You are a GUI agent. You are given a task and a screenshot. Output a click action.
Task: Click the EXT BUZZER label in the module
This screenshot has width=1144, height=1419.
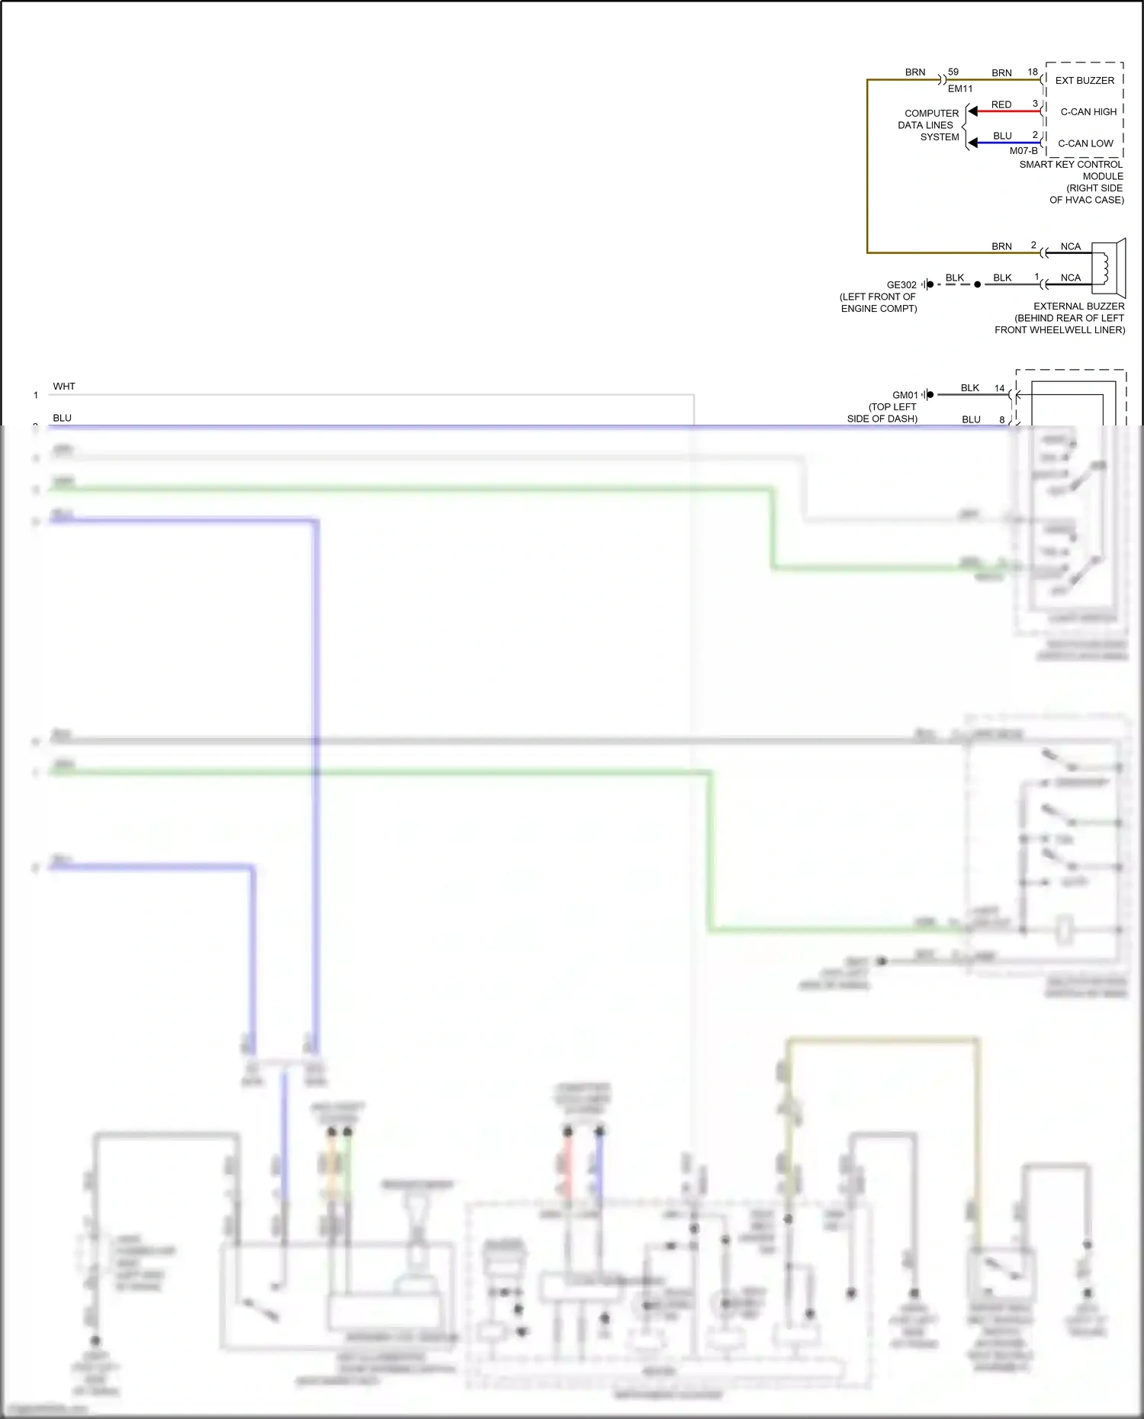[1084, 80]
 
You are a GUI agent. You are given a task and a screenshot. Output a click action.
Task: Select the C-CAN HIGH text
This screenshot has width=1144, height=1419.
[1088, 111]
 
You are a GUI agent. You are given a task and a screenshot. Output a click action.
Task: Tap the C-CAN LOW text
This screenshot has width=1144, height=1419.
[1085, 143]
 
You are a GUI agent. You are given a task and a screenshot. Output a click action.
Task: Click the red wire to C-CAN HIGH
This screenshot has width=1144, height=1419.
[1007, 111]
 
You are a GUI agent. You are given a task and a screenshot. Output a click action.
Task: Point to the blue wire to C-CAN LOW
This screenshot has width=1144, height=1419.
[1007, 143]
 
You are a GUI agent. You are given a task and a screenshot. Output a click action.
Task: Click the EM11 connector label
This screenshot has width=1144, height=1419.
[959, 88]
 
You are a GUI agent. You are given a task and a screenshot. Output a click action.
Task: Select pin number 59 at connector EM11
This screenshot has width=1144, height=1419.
[953, 72]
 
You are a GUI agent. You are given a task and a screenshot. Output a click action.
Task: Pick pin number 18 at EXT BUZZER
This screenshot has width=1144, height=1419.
[1032, 72]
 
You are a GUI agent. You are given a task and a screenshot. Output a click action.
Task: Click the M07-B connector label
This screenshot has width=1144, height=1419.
[1023, 151]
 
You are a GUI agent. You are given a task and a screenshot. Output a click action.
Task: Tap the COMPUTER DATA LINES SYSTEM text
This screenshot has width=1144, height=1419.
[930, 125]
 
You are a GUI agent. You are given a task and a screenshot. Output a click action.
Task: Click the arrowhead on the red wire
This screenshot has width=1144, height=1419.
[972, 111]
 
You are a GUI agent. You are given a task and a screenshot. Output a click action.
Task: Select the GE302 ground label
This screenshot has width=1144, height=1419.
[901, 284]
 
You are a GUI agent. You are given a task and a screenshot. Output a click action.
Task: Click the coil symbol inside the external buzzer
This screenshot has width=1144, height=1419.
[1104, 268]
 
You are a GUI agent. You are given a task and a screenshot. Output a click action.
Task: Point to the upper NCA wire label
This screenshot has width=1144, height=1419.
[1070, 246]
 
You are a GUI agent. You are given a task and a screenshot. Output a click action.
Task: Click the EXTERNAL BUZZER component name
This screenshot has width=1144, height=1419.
[1078, 306]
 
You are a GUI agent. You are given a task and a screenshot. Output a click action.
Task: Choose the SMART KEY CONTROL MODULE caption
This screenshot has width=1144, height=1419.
[1071, 170]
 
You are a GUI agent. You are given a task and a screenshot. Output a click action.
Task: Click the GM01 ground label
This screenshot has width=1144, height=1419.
[905, 395]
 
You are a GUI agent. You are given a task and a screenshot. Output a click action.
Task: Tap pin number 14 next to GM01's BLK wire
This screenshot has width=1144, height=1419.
[999, 388]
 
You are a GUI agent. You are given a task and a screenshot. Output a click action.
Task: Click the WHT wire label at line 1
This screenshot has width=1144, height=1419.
[64, 387]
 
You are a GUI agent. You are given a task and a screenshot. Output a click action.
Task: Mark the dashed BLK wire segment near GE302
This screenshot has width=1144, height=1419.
[955, 284]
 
